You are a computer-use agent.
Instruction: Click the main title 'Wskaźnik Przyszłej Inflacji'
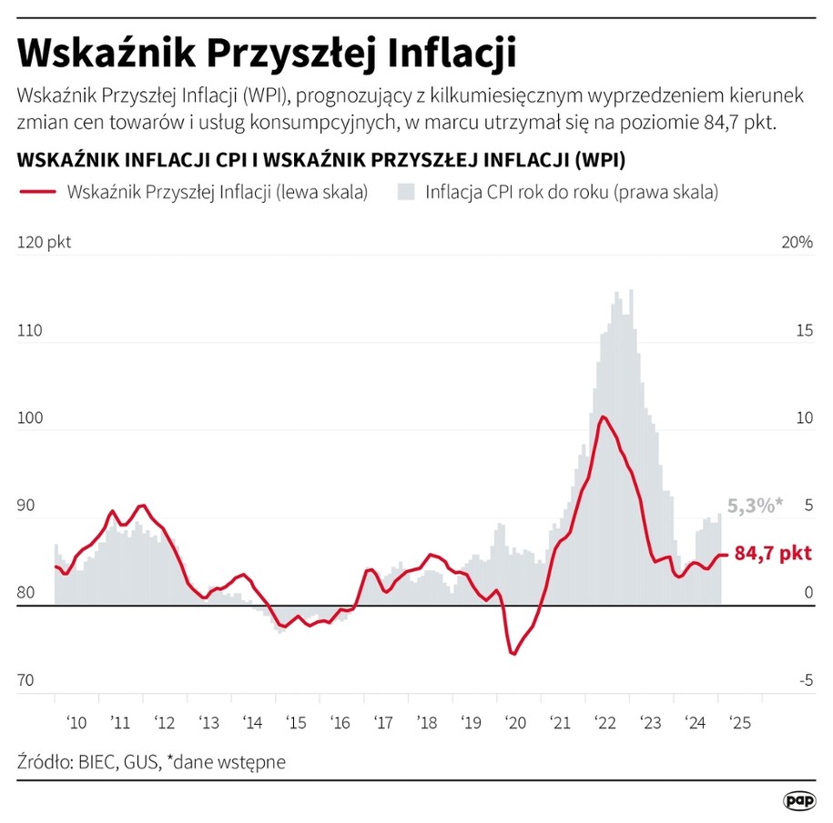[267, 52]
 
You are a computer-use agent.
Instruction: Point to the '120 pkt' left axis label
[44, 242]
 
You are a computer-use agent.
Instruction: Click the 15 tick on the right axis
[803, 330]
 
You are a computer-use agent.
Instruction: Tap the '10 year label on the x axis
[76, 723]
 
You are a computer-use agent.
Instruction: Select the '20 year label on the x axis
[515, 723]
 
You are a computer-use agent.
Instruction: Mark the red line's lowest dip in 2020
[513, 654]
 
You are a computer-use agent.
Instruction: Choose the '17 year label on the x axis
[383, 723]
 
